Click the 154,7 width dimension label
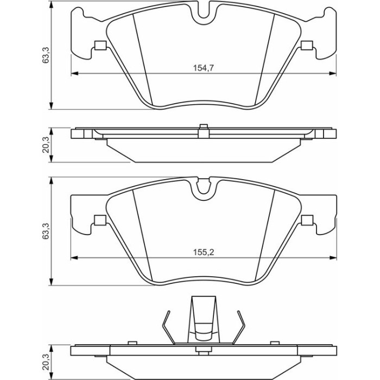coord(204,68)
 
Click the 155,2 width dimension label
coord(204,252)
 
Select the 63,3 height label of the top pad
coord(46,55)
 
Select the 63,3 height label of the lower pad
coord(46,231)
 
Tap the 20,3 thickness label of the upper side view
coord(46,145)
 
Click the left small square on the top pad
coord(100,45)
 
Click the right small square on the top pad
coord(307,45)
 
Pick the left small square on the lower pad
coord(100,220)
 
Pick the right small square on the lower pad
coord(307,220)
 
